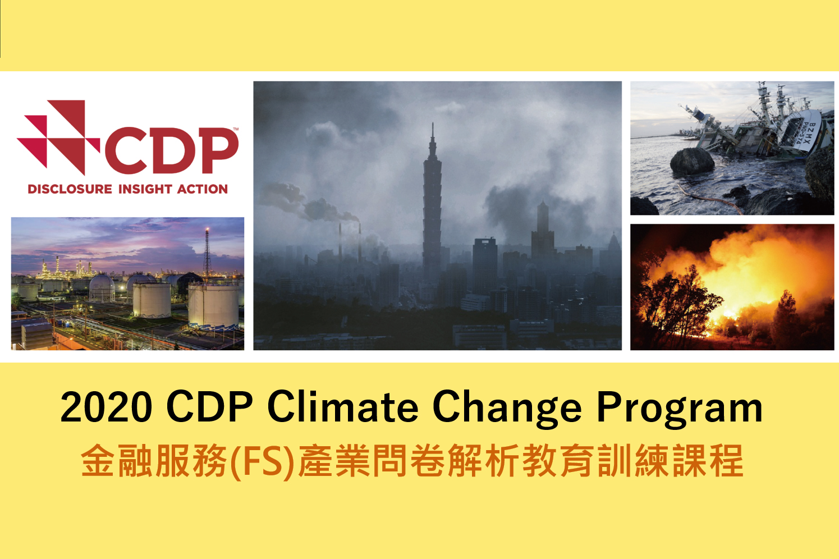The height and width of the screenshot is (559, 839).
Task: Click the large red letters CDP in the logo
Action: (x=172, y=150)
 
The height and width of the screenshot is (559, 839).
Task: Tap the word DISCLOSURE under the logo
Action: (x=70, y=189)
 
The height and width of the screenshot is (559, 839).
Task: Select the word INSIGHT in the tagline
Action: (x=145, y=189)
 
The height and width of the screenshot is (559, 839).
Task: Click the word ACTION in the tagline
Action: (x=202, y=189)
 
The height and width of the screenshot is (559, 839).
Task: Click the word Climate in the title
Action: (x=343, y=406)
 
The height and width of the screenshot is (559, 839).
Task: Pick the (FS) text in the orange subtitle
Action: (x=262, y=460)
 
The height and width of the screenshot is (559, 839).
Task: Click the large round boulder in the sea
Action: (x=692, y=161)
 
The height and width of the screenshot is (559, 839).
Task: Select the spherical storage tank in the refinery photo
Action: (x=102, y=287)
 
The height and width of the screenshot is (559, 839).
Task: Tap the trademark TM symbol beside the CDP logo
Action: (x=236, y=129)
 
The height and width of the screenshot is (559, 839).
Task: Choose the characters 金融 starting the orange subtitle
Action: (x=117, y=460)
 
